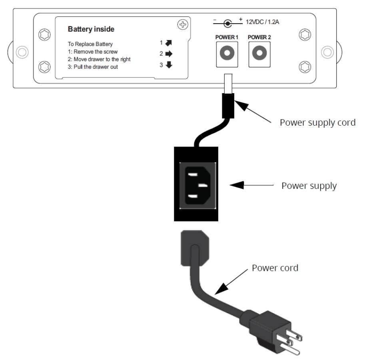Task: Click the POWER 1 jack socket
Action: click(x=227, y=53)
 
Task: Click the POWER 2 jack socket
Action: click(x=259, y=53)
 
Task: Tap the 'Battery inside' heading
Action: click(x=91, y=29)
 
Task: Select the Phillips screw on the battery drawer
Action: click(x=183, y=24)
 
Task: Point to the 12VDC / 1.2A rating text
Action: click(x=262, y=22)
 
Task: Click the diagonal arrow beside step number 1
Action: click(x=169, y=43)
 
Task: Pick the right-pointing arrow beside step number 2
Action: click(x=169, y=54)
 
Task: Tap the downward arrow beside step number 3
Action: click(x=169, y=65)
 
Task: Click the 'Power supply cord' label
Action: click(x=317, y=123)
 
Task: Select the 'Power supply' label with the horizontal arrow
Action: click(x=309, y=186)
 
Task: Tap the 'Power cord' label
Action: click(x=275, y=268)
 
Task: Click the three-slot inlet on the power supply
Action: click(x=197, y=186)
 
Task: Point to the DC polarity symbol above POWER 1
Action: click(x=227, y=23)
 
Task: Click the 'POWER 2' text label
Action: click(x=259, y=37)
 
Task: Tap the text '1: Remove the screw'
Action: click(x=93, y=52)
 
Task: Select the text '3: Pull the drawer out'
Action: click(x=93, y=67)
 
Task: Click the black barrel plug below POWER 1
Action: click(x=228, y=106)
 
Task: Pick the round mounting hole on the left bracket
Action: click(x=22, y=52)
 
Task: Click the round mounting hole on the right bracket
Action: click(x=327, y=52)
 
